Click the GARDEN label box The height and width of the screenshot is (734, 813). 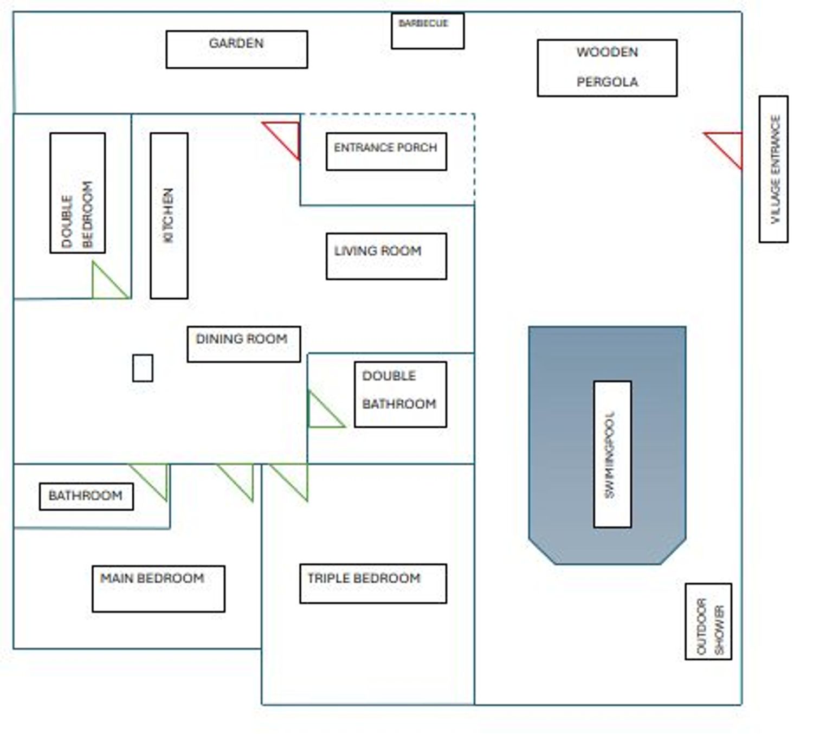pyautogui.click(x=237, y=49)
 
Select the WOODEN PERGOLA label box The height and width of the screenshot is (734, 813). pyautogui.click(x=607, y=68)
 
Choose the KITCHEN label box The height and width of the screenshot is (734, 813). pyautogui.click(x=169, y=216)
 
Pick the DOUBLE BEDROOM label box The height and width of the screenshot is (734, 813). pyautogui.click(x=78, y=193)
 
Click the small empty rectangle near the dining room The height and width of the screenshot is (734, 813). pyautogui.click(x=143, y=368)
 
